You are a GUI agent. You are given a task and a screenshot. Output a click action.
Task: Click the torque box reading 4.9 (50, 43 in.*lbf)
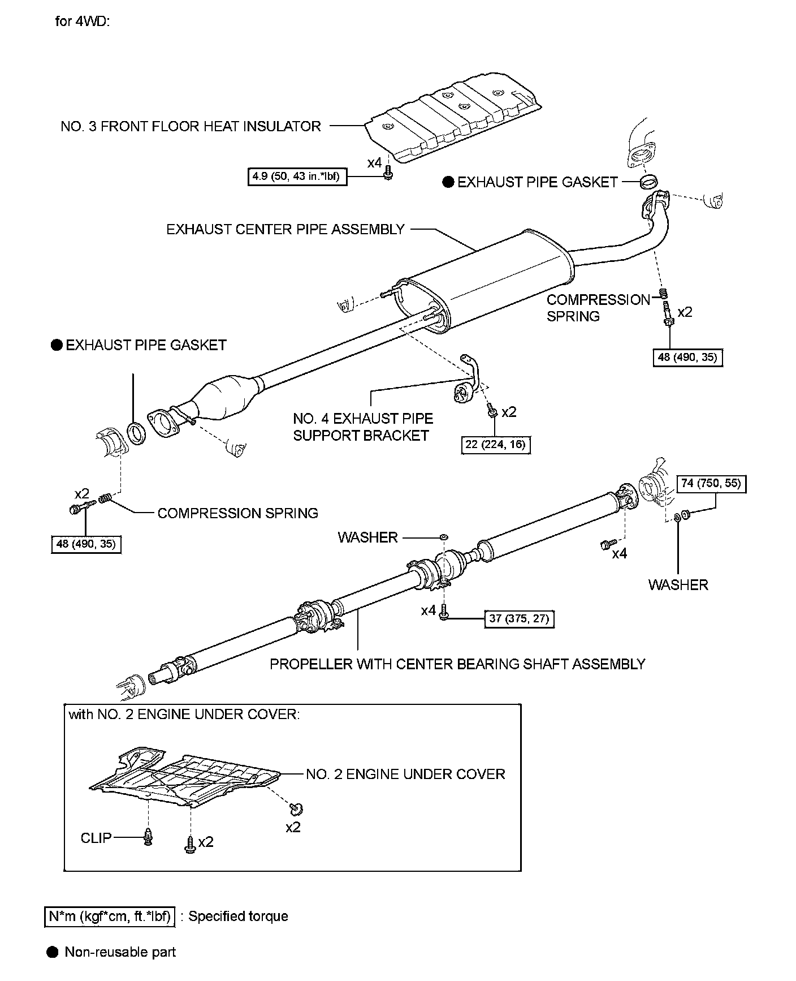(x=297, y=177)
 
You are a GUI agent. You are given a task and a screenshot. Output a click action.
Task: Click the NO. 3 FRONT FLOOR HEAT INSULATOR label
(x=191, y=126)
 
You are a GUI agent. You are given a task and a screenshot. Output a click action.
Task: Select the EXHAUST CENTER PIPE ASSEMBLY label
(x=285, y=229)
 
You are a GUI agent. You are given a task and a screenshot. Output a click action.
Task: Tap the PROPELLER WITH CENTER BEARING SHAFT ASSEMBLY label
(x=457, y=664)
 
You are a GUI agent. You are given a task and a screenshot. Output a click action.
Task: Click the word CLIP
(x=96, y=837)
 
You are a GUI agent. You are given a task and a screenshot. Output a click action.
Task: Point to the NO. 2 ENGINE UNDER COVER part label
(x=405, y=774)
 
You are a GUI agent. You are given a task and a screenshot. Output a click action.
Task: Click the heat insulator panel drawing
(x=452, y=119)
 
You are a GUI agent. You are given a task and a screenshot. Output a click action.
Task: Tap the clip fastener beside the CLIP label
(x=148, y=837)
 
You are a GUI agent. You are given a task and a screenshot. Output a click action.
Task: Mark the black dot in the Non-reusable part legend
(x=53, y=952)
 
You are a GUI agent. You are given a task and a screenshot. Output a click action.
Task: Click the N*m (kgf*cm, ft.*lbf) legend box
(x=110, y=916)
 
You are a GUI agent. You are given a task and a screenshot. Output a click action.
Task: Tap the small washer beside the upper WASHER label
(x=444, y=535)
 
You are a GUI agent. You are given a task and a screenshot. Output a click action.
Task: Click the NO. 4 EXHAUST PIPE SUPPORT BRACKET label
(x=362, y=427)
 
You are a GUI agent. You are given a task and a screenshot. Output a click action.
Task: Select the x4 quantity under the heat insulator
(x=374, y=163)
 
